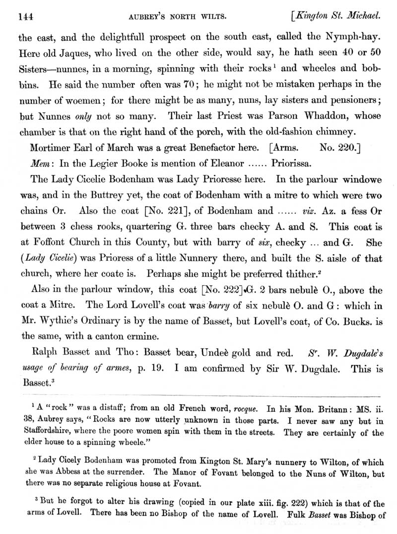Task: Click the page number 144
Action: (x=25, y=16)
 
